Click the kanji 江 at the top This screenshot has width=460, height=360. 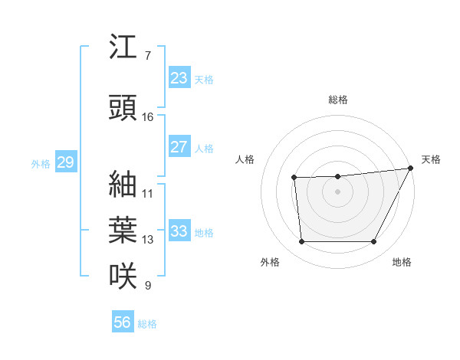[x=123, y=47]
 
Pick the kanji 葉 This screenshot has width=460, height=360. [x=123, y=230]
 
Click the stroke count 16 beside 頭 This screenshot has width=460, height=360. [x=148, y=117]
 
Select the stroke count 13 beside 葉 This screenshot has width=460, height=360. [x=148, y=240]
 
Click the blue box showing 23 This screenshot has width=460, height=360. [x=179, y=78]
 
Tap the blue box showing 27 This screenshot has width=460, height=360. [x=179, y=147]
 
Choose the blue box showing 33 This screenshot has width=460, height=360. [x=179, y=231]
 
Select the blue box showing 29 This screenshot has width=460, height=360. [x=65, y=162]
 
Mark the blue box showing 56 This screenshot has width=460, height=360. [x=122, y=322]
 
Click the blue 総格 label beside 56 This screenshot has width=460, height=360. [x=147, y=324]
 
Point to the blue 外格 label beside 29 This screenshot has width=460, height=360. [x=41, y=164]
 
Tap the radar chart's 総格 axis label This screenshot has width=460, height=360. [x=338, y=100]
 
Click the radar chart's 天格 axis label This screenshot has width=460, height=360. [x=431, y=159]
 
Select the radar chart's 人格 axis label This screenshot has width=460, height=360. [x=245, y=159]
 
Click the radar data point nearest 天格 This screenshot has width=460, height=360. [x=411, y=169]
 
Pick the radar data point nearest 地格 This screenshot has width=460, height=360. [x=374, y=242]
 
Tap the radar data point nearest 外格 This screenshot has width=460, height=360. [x=301, y=242]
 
